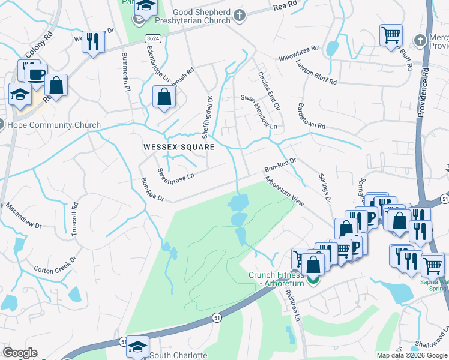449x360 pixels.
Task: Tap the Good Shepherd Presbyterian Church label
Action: pos(201,16)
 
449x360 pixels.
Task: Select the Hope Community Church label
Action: pos(53,125)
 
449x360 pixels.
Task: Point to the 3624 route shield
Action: pos(152,37)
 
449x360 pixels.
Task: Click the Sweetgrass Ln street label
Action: pos(176,174)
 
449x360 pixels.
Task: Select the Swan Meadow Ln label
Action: pos(259,112)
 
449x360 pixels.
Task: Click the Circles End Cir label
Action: pos(268,91)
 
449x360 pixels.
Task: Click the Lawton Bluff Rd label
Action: pos(316,74)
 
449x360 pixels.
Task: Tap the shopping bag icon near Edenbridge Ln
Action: pos(164,96)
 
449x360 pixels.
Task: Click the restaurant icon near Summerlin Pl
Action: pos(92,41)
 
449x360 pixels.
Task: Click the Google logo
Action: pos(20,353)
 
